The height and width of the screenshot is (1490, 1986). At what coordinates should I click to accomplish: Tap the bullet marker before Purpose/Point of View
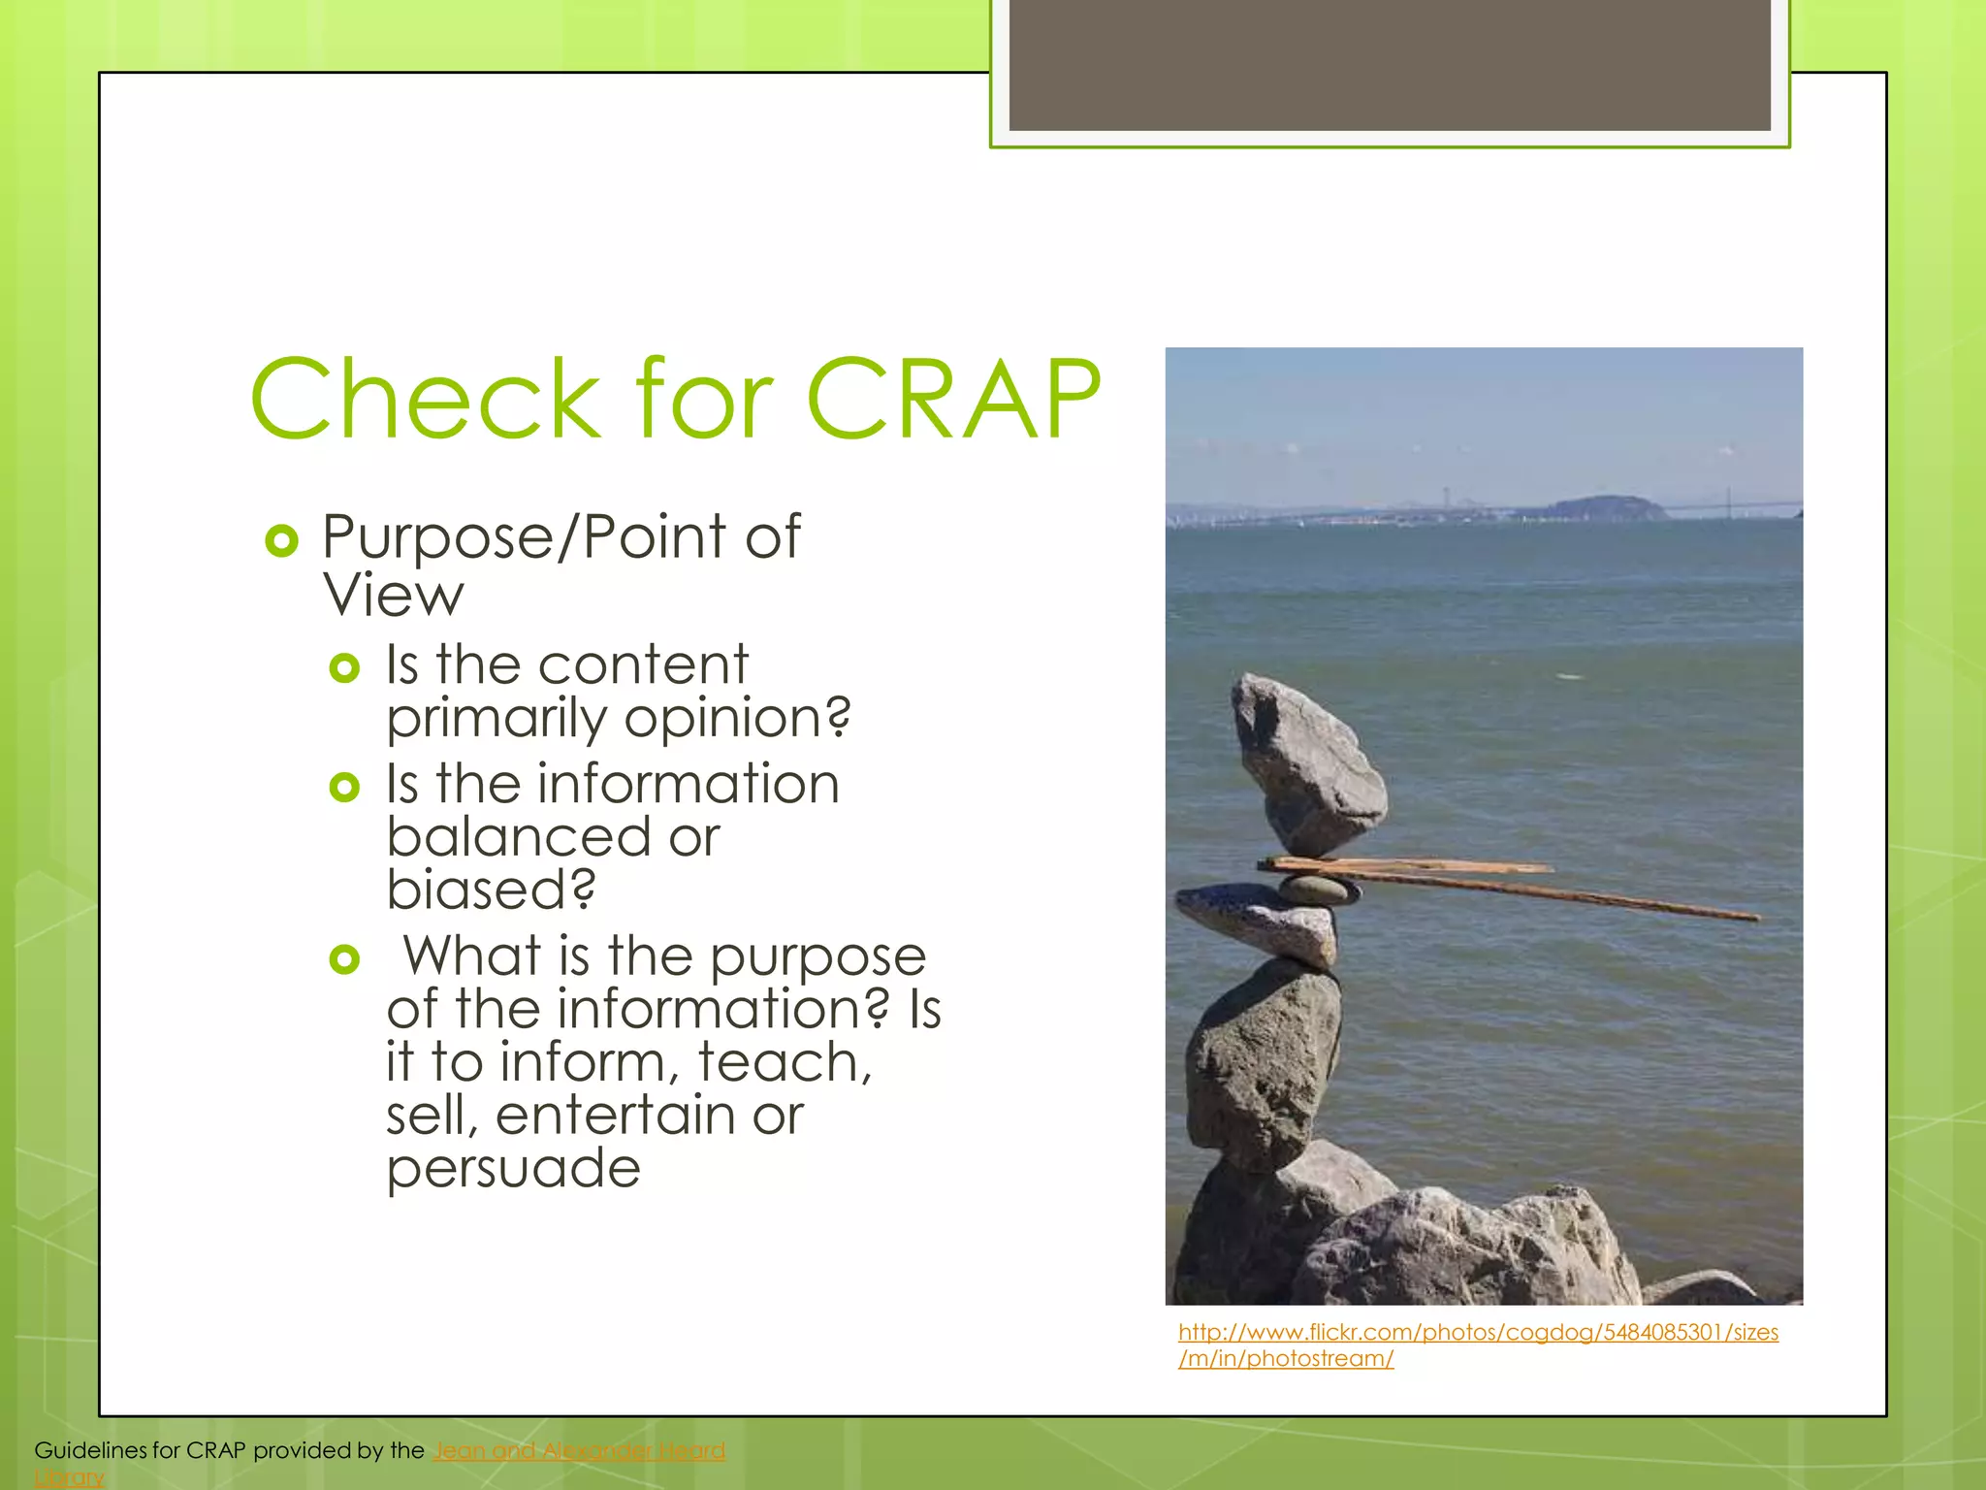(x=281, y=540)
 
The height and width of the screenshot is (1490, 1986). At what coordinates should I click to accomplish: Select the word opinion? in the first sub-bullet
(x=737, y=719)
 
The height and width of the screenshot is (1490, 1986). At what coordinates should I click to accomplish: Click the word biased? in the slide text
(x=491, y=890)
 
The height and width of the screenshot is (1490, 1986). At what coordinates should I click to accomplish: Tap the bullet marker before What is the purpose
(x=344, y=959)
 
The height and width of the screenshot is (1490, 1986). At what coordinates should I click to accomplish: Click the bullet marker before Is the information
(x=344, y=787)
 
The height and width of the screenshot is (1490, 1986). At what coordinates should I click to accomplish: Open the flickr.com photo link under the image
(x=1478, y=1333)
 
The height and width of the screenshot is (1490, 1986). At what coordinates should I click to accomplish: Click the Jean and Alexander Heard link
(x=579, y=1450)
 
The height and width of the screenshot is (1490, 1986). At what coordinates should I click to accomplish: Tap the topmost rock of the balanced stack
(x=1309, y=766)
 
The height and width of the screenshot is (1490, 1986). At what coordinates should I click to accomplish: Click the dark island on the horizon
(x=1605, y=506)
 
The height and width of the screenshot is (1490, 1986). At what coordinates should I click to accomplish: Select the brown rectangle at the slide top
(x=1390, y=64)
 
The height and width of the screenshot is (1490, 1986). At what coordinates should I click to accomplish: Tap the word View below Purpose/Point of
(x=394, y=595)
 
